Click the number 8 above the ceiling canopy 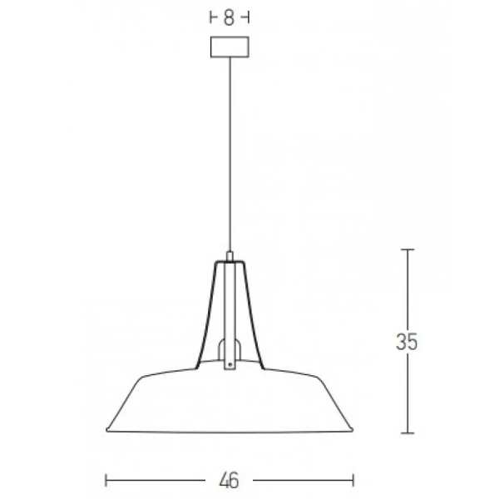(229, 17)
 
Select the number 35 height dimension (407, 341)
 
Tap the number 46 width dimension (230, 480)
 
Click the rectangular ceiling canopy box (230, 47)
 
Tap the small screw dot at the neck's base (230, 362)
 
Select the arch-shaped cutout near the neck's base (230, 348)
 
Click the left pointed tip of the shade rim (106, 428)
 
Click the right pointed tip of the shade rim (353, 428)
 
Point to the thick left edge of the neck (206, 316)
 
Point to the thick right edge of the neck (254, 316)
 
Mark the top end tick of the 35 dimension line (407, 249)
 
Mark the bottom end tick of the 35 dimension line (407, 432)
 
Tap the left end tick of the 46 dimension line (106, 480)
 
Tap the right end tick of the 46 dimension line (354, 480)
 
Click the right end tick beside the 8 (249, 17)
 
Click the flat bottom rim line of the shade (230, 432)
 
